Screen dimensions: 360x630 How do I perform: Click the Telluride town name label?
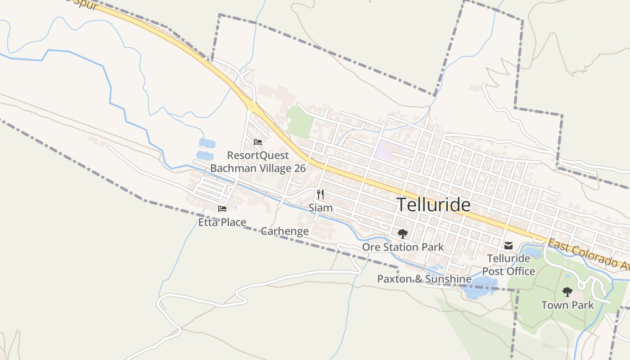[x=434, y=205]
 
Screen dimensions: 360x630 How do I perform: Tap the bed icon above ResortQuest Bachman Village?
[x=258, y=142]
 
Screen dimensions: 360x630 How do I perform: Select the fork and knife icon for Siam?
[x=320, y=194]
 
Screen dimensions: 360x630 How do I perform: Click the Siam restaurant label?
[x=320, y=208]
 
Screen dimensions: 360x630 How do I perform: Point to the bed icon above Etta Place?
[x=222, y=209]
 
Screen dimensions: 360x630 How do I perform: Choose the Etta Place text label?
[x=222, y=222]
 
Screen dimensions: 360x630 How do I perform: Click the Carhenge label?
[x=285, y=231]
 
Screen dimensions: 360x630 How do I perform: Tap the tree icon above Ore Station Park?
[x=403, y=234]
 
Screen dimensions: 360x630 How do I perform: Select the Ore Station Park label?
[x=403, y=247]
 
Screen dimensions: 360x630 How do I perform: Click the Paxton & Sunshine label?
[x=424, y=279]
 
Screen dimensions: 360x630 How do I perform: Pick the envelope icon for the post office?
[x=508, y=246]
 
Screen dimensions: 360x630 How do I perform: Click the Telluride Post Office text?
[x=508, y=265]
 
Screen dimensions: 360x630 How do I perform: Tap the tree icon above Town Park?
[x=567, y=292]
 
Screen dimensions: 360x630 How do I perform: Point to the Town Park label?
[x=567, y=305]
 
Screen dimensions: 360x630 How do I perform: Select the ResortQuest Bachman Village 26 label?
[x=258, y=162]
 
